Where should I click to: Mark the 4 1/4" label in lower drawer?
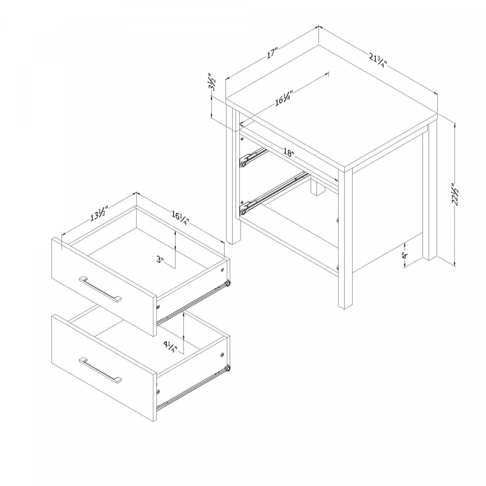170,346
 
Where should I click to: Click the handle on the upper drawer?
100,290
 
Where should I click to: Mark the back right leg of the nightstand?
429,192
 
